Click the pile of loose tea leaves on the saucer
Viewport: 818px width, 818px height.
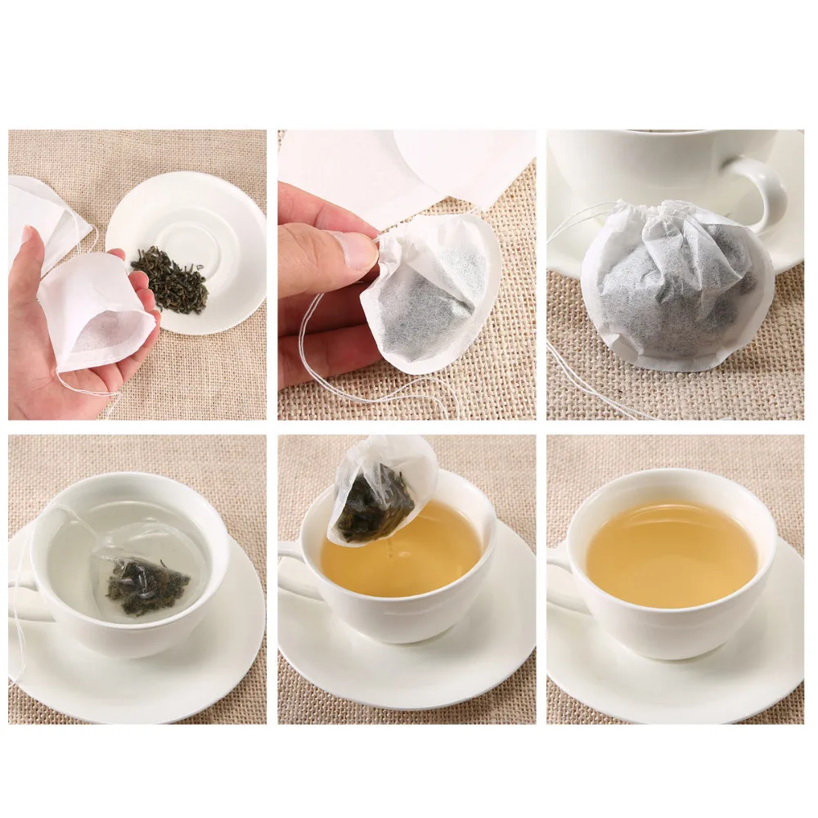(x=169, y=280)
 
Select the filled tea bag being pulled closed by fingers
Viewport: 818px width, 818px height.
(x=434, y=294)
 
